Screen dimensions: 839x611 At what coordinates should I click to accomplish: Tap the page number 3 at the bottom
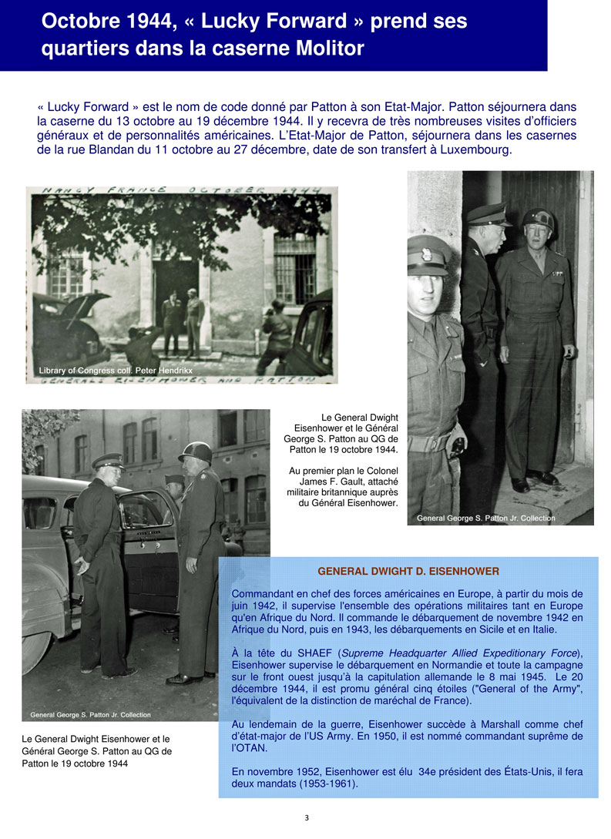(x=307, y=817)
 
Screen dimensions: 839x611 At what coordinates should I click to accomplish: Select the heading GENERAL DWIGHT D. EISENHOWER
(x=408, y=571)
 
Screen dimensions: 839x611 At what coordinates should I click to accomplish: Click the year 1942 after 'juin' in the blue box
(x=260, y=606)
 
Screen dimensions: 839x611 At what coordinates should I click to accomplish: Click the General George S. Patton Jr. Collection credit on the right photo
(x=485, y=518)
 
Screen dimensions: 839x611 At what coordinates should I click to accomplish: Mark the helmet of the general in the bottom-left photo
(x=196, y=452)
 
